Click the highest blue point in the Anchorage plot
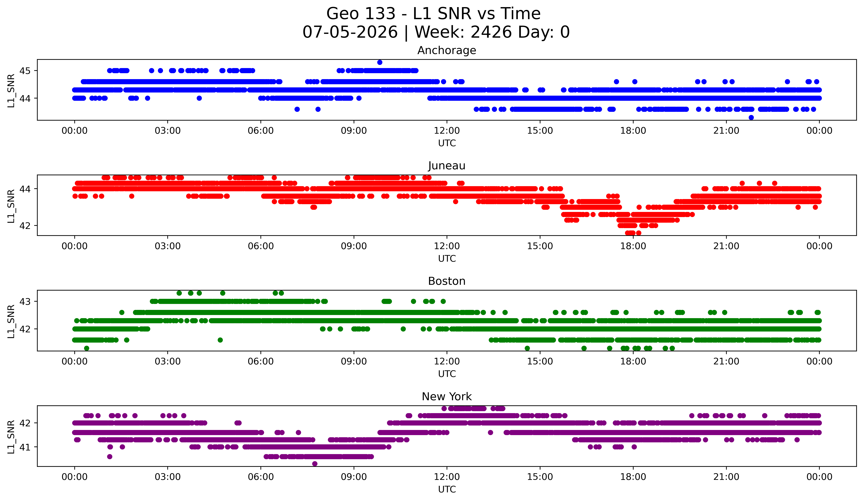point(379,62)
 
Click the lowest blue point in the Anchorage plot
point(751,117)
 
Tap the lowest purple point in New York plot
point(315,464)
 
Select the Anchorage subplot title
point(447,50)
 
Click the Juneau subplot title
point(447,166)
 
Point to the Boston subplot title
point(447,281)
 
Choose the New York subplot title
point(447,397)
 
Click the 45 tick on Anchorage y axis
point(25,71)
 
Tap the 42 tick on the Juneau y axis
point(25,226)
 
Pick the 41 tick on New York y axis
point(25,447)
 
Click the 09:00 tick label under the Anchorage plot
point(354,130)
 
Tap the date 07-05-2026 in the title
point(350,32)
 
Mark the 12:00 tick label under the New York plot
point(447,477)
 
